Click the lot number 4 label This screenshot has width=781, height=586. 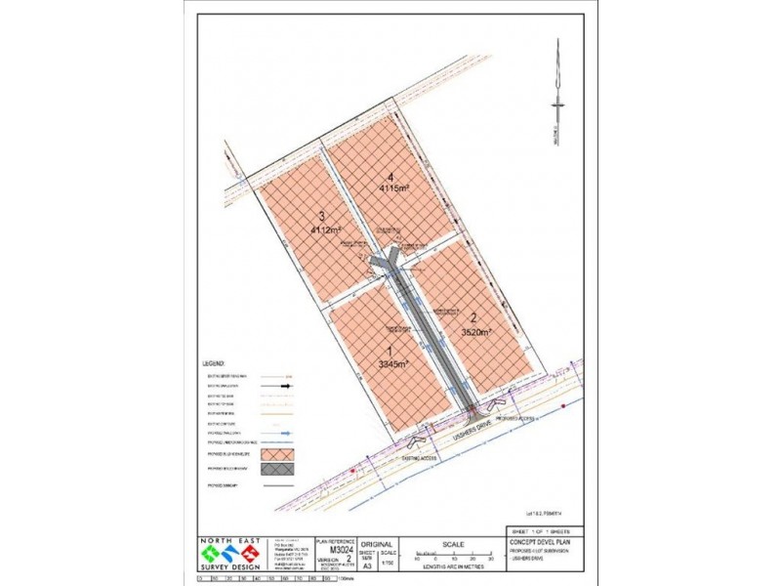click(390, 177)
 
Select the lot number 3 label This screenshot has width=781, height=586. click(321, 218)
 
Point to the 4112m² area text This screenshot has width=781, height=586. click(325, 230)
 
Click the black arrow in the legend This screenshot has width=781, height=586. click(282, 387)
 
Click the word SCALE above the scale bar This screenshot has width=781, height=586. click(451, 544)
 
